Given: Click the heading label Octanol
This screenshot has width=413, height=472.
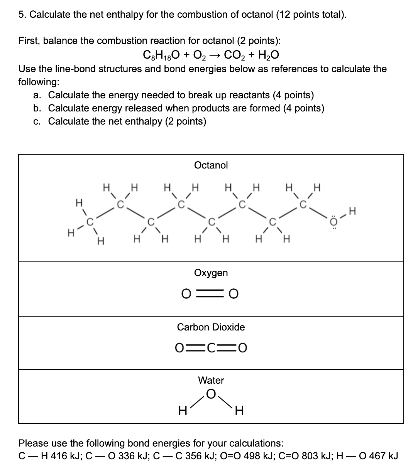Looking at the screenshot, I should click(x=211, y=165).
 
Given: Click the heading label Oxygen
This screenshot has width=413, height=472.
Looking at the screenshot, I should click(x=211, y=273).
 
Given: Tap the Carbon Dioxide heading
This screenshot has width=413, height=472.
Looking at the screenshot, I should click(x=211, y=327).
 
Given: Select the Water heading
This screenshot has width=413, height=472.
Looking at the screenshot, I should click(x=211, y=380).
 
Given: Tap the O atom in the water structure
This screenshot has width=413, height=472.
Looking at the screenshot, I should click(x=211, y=393).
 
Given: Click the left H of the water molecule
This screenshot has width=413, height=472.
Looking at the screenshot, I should click(x=183, y=412).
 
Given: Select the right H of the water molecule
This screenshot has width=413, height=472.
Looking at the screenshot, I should click(x=239, y=412).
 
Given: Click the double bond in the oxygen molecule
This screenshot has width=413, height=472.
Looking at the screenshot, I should click(x=211, y=294).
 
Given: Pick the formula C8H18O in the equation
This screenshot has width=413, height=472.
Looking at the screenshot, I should click(x=160, y=56).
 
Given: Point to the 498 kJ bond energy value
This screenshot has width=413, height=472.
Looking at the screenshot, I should click(x=239, y=456).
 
